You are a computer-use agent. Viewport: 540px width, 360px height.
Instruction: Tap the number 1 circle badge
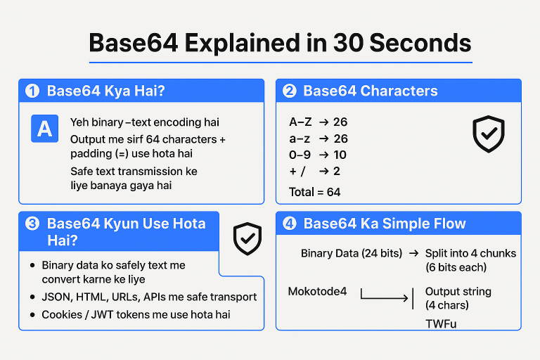pyautogui.click(x=32, y=91)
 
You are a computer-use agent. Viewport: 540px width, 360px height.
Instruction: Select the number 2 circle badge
pyautogui.click(x=289, y=91)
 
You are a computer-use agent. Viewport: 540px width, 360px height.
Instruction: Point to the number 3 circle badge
pyautogui.click(x=32, y=224)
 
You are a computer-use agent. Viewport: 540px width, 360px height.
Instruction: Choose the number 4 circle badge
pyautogui.click(x=289, y=224)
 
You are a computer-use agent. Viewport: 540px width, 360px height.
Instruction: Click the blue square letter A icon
pyautogui.click(x=45, y=129)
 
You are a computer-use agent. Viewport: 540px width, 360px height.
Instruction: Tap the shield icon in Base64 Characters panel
pyautogui.click(x=489, y=134)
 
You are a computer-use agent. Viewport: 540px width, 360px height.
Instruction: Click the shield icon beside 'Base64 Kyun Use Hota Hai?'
pyautogui.click(x=247, y=239)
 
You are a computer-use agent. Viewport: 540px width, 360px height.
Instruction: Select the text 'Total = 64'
pyautogui.click(x=315, y=191)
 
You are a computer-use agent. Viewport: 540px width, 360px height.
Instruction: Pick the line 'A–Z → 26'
pyautogui.click(x=318, y=122)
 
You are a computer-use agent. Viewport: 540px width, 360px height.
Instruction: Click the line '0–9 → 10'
pyautogui.click(x=318, y=155)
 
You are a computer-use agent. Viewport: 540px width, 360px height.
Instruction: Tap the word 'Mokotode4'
pyautogui.click(x=318, y=291)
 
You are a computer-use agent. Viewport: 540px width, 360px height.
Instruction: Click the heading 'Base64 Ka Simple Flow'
pyautogui.click(x=385, y=224)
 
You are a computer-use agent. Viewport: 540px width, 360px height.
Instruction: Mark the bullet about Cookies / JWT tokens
pyautogui.click(x=136, y=314)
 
